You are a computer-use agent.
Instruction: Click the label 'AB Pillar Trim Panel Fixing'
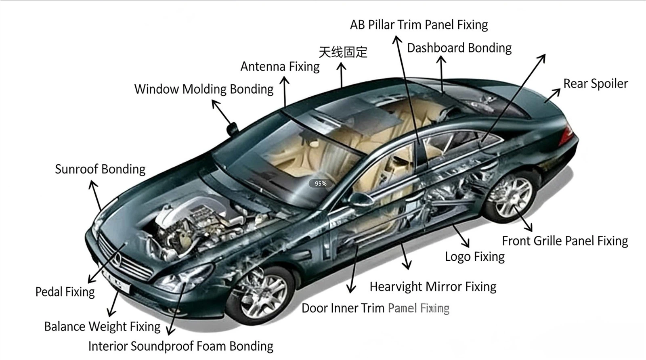point(419,25)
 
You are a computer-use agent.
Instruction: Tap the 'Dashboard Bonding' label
point(459,48)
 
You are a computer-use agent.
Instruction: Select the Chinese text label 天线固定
point(343,52)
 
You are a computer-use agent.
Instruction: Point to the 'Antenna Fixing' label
point(280,66)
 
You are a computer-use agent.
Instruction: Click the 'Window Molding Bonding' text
point(204,89)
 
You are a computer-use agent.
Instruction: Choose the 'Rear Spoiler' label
point(596,84)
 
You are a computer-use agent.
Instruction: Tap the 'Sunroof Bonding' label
point(100,169)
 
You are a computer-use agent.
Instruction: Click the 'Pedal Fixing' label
point(65,292)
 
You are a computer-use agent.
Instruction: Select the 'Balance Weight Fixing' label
point(102,326)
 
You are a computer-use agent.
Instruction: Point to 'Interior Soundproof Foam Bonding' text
point(180,346)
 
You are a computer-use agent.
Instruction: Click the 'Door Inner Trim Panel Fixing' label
point(375,308)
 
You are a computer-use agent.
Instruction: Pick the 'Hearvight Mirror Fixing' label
point(433,287)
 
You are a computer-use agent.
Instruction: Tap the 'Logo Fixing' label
point(475,257)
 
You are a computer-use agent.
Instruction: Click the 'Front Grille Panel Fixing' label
point(565,241)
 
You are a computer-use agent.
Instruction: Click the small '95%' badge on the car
point(321,184)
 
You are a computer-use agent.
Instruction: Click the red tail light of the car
point(567,131)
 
